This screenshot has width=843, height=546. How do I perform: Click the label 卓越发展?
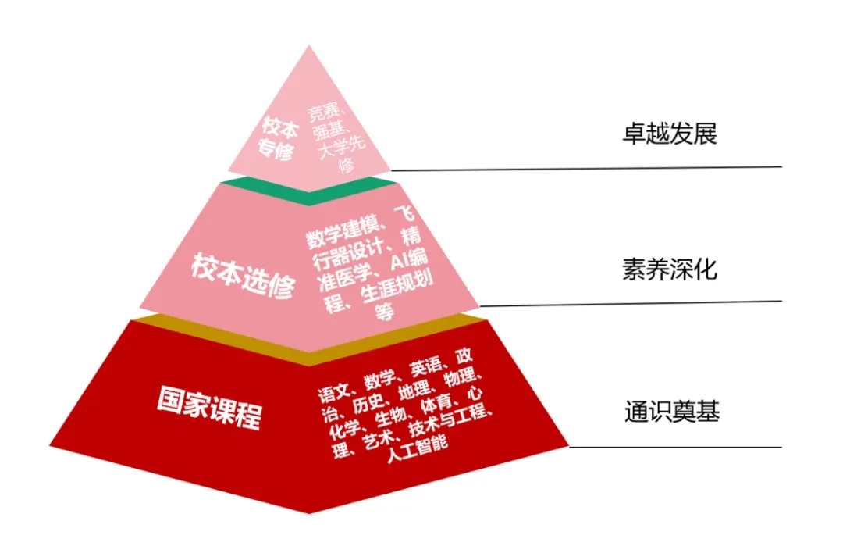[670, 134]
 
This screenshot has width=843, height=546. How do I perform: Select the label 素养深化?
[670, 269]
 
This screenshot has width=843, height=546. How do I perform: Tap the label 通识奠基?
[672, 412]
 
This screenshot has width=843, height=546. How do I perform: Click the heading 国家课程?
[210, 408]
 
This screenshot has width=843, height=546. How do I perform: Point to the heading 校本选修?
[243, 275]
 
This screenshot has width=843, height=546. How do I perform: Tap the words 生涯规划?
[397, 288]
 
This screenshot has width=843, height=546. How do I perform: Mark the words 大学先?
[341, 147]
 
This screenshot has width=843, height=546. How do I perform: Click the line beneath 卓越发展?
[586, 169]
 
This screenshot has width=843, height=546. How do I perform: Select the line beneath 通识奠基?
[675, 447]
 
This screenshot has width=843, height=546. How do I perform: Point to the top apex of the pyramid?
[309, 45]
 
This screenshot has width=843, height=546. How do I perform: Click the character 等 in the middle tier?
[384, 312]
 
